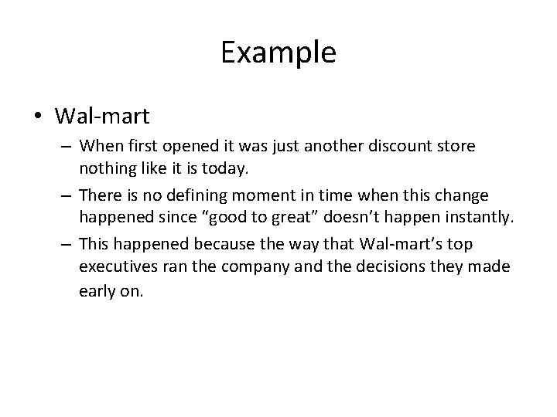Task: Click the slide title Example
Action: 278,53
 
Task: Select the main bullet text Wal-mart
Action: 102,116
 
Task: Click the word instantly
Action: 481,218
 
